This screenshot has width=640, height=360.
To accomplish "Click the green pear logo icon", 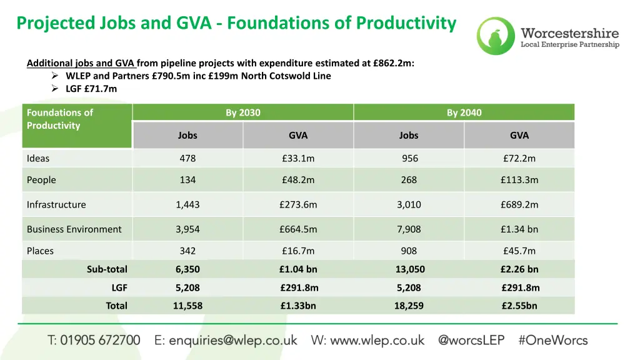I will coord(496,36).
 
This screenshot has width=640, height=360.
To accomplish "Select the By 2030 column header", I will coord(243,112).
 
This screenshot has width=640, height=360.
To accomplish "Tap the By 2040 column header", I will coord(464,112).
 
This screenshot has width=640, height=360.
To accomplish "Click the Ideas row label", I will coord(38,158).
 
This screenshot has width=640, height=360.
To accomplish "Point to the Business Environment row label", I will coord(74,229).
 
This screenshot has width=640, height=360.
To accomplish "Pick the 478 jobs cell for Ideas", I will coord(187,158).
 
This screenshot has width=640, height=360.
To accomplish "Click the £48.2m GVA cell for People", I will coord(298,180).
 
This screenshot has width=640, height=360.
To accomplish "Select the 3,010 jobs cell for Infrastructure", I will coord(409,204).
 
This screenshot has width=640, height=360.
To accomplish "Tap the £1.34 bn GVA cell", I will coord(519,229).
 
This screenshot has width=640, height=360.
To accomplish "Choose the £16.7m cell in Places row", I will coord(298,251).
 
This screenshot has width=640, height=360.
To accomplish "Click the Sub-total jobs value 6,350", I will coord(187,269).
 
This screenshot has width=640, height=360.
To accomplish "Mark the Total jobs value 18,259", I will coord(409,306).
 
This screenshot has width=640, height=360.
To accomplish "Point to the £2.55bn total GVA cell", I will coord(519,306).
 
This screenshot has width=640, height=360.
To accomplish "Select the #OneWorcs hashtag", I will coord(552,341).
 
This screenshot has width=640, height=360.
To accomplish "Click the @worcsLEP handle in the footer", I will coord(471,341).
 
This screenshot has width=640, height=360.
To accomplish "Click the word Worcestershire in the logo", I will coord(569,33).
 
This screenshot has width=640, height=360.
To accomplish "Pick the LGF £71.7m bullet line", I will coord(91,89).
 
